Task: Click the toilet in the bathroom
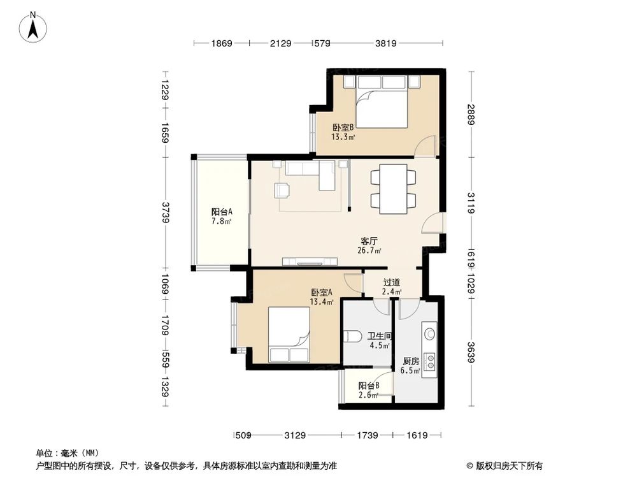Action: pos(352,337)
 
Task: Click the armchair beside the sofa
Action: pos(281,190)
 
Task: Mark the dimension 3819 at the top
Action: pos(385,43)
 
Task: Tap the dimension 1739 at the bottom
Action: pos(367,435)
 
